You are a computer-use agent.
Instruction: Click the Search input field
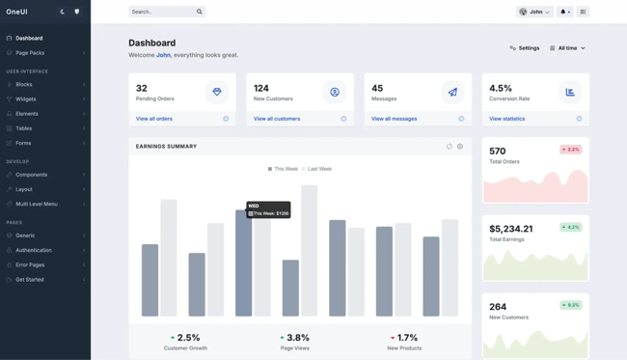[161, 12]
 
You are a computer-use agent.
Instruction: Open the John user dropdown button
[534, 12]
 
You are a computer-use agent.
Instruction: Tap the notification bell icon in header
[565, 12]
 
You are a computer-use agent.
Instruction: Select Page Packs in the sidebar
[30, 53]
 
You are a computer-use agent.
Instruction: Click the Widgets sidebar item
[26, 98]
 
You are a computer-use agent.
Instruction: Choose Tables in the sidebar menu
[24, 128]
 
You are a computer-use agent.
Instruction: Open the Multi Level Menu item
[37, 204]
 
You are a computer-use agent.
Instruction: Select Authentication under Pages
[34, 250]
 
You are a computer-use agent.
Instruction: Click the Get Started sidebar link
[30, 279]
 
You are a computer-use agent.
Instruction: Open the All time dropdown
[567, 47]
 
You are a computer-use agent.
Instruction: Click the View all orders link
[154, 119]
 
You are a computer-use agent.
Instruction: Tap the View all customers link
[277, 119]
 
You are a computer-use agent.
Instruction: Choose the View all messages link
[395, 119]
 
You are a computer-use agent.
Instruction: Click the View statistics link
[507, 119]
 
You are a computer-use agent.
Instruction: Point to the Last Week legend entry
[318, 169]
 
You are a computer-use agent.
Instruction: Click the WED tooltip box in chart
[268, 209]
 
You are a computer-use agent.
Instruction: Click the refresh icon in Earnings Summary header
[450, 147]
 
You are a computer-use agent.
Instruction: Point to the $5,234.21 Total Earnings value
[511, 229]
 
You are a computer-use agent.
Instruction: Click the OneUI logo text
[17, 12]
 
